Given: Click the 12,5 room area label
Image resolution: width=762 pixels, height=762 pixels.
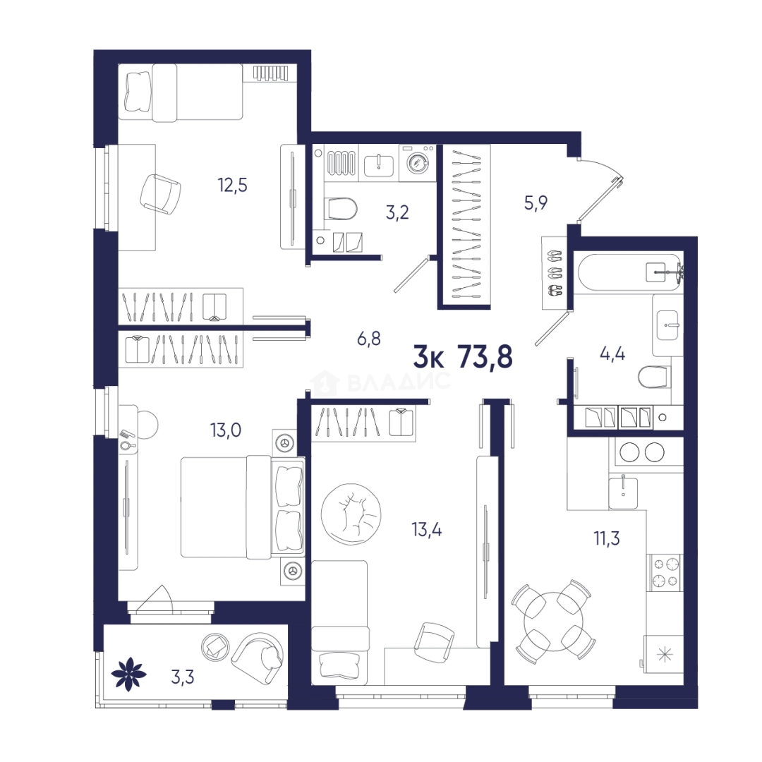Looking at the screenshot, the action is [232, 185].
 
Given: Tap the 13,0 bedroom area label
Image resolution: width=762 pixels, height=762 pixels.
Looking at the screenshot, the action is [226, 430].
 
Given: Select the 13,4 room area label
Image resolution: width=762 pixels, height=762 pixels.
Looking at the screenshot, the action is [427, 529].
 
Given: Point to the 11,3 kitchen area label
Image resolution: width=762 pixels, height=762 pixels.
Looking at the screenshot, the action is [607, 538].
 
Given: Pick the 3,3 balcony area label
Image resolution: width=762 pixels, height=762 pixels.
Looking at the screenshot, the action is [183, 677].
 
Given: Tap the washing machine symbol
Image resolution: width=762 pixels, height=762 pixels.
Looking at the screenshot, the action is [418, 163].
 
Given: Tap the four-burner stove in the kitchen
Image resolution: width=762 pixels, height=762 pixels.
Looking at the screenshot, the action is [666, 572].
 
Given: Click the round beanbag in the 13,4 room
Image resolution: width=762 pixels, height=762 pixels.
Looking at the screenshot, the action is [351, 514].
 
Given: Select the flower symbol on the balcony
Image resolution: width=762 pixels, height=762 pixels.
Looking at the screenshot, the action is [129, 674].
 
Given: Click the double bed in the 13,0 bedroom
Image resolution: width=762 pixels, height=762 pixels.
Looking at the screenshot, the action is [242, 507].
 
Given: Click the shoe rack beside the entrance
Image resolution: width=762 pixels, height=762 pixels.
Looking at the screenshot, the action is [555, 272].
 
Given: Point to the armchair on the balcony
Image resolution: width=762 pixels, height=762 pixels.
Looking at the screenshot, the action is [258, 655].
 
